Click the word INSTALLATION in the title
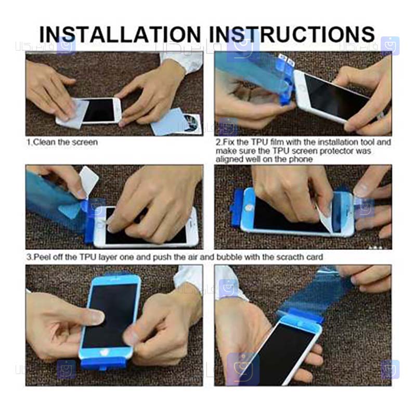pos(120,34)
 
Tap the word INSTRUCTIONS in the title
pos(292,34)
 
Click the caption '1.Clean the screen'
pos(62,142)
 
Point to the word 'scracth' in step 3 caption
pos(291,257)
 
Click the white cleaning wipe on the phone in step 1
pos(72,114)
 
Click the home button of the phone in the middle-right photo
pos(249,207)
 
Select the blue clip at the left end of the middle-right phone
pos(238,208)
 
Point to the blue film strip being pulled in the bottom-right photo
pos(316,292)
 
